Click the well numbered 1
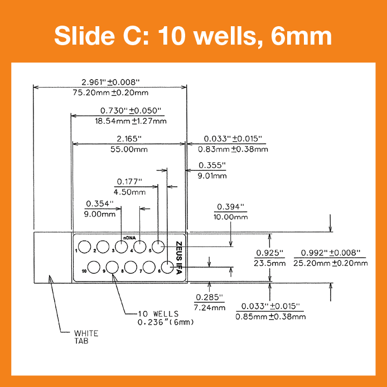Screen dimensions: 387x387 click(x=85, y=246)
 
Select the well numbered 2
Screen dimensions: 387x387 click(x=103, y=246)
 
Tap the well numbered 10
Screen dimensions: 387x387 click(x=93, y=267)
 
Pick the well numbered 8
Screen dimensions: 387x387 click(x=130, y=267)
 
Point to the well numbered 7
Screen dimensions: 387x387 click(x=148, y=267)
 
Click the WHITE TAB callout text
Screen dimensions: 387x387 click(x=86, y=337)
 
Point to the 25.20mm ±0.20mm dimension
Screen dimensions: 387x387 click(x=331, y=263)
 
